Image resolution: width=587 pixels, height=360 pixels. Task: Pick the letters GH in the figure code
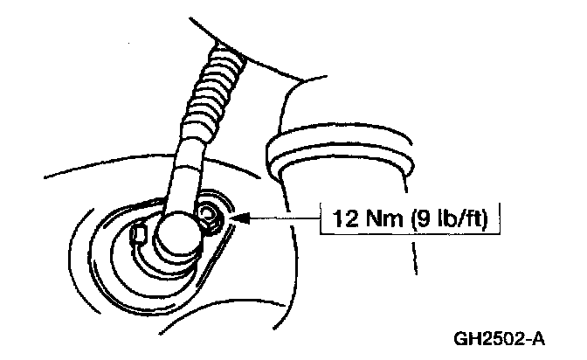pos(466,336)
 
